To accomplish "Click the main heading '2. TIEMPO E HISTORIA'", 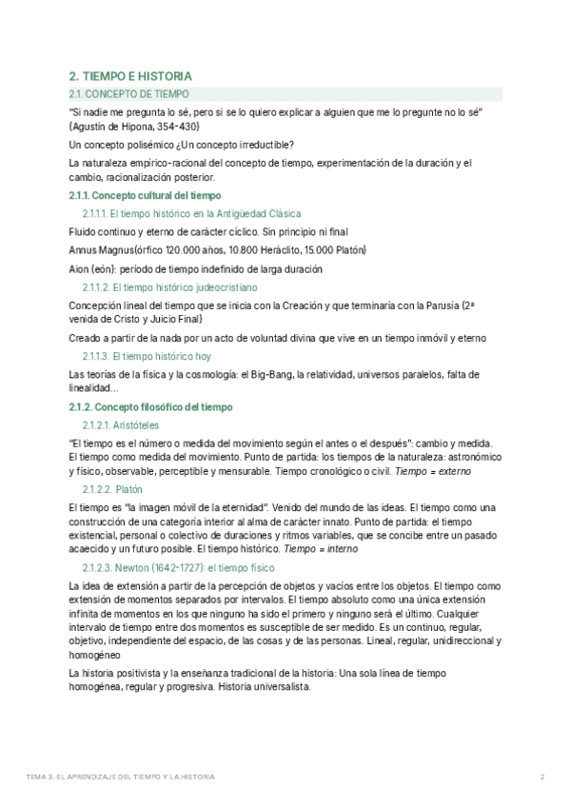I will (130, 76).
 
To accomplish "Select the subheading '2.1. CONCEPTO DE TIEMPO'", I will (129, 94).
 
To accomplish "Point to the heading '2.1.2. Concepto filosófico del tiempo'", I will (150, 407).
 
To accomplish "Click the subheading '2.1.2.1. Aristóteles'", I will (120, 424).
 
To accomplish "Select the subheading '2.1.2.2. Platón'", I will (111, 488).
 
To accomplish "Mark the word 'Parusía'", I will (437, 305).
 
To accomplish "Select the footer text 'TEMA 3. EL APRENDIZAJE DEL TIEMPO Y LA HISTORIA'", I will (120, 777).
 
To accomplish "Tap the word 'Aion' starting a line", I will (80, 268).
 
